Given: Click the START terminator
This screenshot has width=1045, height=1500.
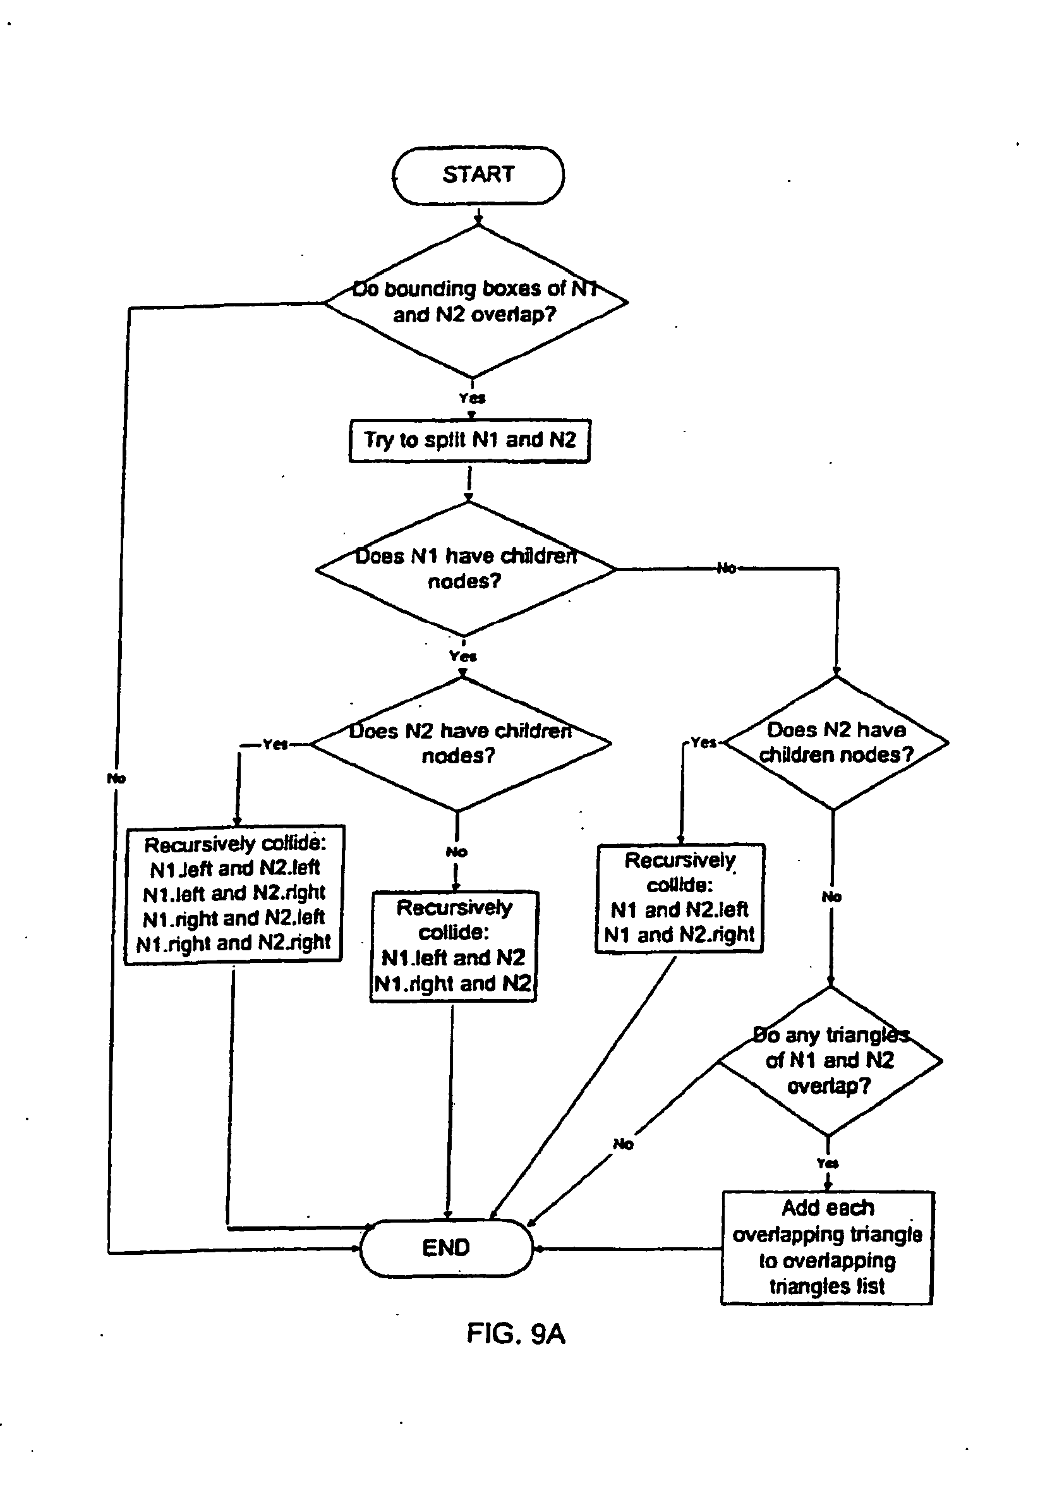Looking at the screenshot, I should click(478, 175).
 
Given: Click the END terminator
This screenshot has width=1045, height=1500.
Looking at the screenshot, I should click(447, 1247).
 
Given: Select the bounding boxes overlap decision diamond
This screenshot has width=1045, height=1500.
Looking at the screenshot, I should click(476, 302).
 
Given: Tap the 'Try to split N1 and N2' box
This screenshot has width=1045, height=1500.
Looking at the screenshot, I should click(469, 440).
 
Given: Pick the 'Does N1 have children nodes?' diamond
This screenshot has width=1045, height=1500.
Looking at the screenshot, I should click(465, 569).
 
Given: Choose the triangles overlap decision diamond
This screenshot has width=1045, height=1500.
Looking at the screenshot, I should click(830, 1061).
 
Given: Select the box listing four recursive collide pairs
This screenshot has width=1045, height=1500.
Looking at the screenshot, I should click(234, 893).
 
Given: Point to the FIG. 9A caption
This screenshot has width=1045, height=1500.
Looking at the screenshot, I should click(516, 1333).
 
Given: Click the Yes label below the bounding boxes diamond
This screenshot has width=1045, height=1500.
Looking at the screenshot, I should click(471, 398).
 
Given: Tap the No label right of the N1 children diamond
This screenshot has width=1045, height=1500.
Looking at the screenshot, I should click(727, 568).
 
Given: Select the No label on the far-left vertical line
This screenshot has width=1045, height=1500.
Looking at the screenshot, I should click(116, 778).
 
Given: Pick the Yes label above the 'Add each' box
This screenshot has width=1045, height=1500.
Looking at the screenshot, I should click(828, 1163).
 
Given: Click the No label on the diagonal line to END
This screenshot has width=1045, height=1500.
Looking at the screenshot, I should click(623, 1143).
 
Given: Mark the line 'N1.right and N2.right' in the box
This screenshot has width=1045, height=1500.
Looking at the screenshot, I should click(234, 943).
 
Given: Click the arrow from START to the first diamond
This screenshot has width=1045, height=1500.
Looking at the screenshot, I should click(478, 215).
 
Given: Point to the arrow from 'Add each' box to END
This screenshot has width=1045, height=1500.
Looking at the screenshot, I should click(627, 1249).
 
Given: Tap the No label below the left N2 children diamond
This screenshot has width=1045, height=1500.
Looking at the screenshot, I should click(456, 852).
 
